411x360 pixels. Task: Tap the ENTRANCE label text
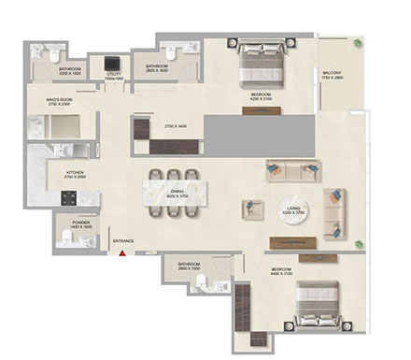click(x=123, y=242)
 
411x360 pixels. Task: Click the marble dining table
click(x=171, y=194)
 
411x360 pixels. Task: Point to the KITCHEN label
click(x=76, y=173)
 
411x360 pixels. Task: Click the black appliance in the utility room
click(x=116, y=58)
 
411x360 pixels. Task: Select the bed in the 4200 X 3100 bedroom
click(x=261, y=65)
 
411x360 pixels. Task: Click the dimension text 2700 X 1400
click(x=177, y=124)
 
